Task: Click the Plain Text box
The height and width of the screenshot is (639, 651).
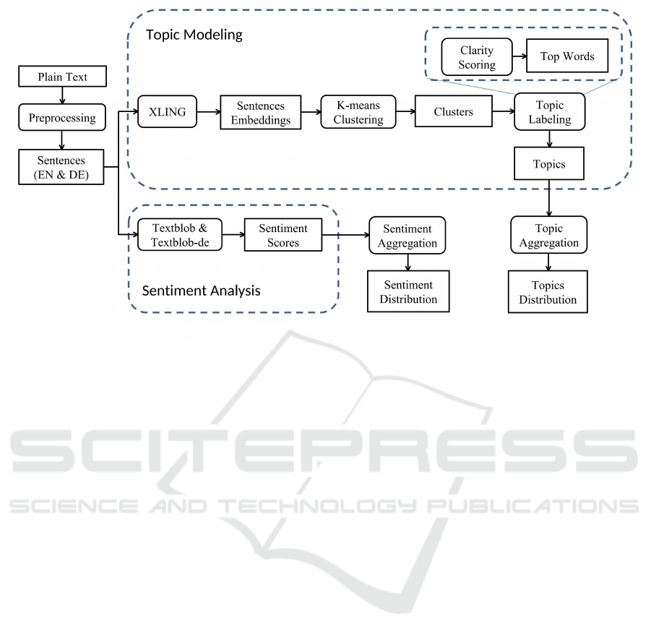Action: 62,77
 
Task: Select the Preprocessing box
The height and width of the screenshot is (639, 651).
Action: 62,118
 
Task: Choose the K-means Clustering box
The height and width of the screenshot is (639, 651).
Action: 358,112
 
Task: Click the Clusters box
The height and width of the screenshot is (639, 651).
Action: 453,112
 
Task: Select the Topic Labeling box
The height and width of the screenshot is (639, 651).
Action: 549,112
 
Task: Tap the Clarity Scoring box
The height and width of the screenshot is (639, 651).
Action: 476,57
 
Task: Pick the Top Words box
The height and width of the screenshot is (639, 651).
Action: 567,56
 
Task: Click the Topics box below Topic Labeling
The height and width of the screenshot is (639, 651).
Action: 549,164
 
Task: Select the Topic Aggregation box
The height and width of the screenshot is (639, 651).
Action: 549,236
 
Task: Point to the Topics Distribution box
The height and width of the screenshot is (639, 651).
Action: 548,292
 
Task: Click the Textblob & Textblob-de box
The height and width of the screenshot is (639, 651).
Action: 180,236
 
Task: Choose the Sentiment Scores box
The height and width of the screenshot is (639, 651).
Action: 283,236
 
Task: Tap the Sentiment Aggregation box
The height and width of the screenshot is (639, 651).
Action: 408,236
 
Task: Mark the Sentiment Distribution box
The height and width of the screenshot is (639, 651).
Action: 408,291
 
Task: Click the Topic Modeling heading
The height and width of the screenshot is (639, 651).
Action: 194,35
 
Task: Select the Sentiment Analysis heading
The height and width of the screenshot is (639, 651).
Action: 201,291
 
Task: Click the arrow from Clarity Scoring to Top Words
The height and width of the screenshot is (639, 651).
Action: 519,56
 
